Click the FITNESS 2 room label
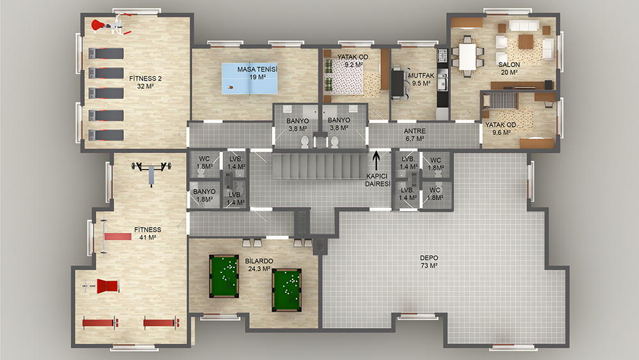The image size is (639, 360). coord(146,82)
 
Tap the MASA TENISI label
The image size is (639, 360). coord(257,69)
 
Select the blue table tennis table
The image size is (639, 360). coord(249,79)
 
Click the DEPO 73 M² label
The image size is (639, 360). coord(429,262)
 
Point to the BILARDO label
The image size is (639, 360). coord(259,261)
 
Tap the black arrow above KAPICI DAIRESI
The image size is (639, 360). coord(376,160)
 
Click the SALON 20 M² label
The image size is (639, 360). coord(509,68)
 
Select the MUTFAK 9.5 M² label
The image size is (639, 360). coord(421,79)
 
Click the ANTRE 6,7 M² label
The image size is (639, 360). coord(415,135)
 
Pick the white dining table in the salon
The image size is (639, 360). coord(468,57)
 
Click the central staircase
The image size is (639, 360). coord(320,166)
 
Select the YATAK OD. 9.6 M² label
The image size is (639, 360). coord(501,129)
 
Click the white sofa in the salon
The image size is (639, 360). coord(522,26)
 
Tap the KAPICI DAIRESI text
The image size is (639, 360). coord(378,180)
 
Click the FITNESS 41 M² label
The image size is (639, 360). coord(148,233)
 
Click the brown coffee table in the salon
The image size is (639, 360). coord(526,42)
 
